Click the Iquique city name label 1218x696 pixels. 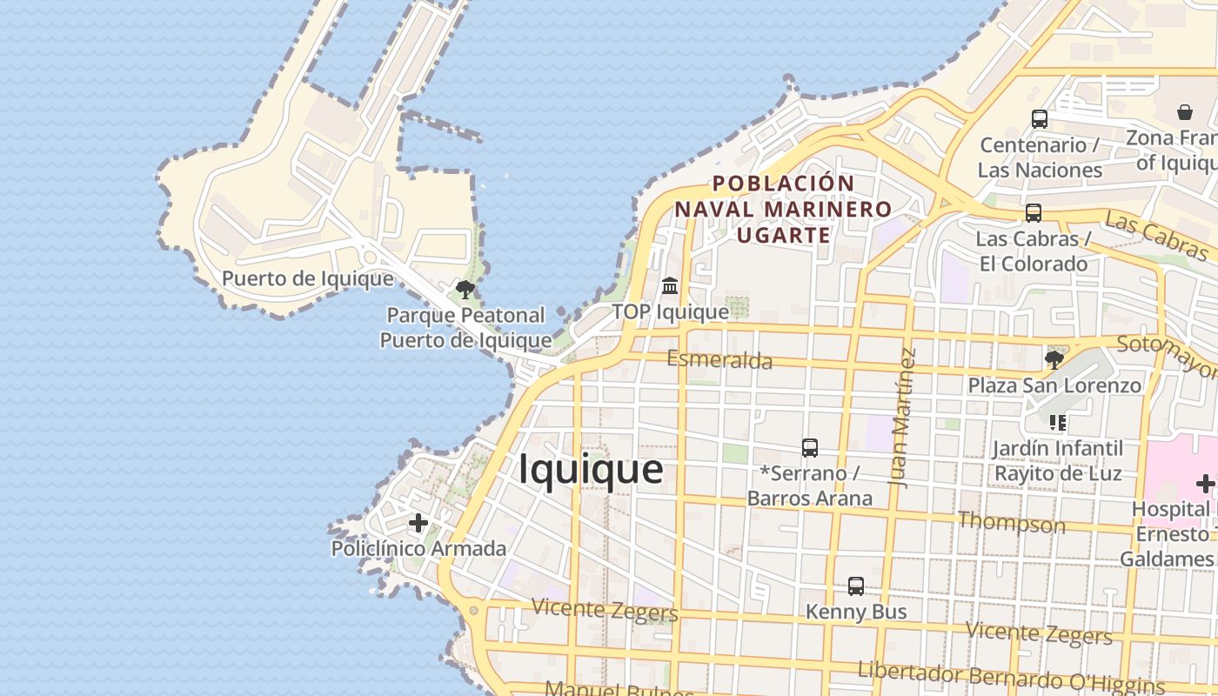click(591, 470)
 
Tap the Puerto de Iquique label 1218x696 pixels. click(307, 279)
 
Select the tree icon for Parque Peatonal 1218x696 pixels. click(465, 290)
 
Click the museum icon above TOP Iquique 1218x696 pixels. click(670, 285)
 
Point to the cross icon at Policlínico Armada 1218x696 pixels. click(418, 523)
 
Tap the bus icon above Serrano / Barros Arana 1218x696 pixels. click(810, 448)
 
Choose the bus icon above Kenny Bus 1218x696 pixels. click(856, 586)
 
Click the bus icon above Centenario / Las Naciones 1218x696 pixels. click(1040, 119)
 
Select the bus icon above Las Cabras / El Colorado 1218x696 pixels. click(1034, 212)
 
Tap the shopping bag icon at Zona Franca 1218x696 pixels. click(1185, 112)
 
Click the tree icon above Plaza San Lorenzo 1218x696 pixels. click(1054, 359)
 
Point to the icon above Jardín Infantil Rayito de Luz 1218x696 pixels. click(1058, 423)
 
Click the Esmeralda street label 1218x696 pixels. click(719, 359)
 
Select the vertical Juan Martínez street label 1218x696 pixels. click(905, 418)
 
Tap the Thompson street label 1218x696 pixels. click(1011, 523)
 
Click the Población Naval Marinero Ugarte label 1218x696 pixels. click(783, 210)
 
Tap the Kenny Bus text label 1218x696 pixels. click(856, 612)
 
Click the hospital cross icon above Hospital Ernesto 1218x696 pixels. click(1205, 484)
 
